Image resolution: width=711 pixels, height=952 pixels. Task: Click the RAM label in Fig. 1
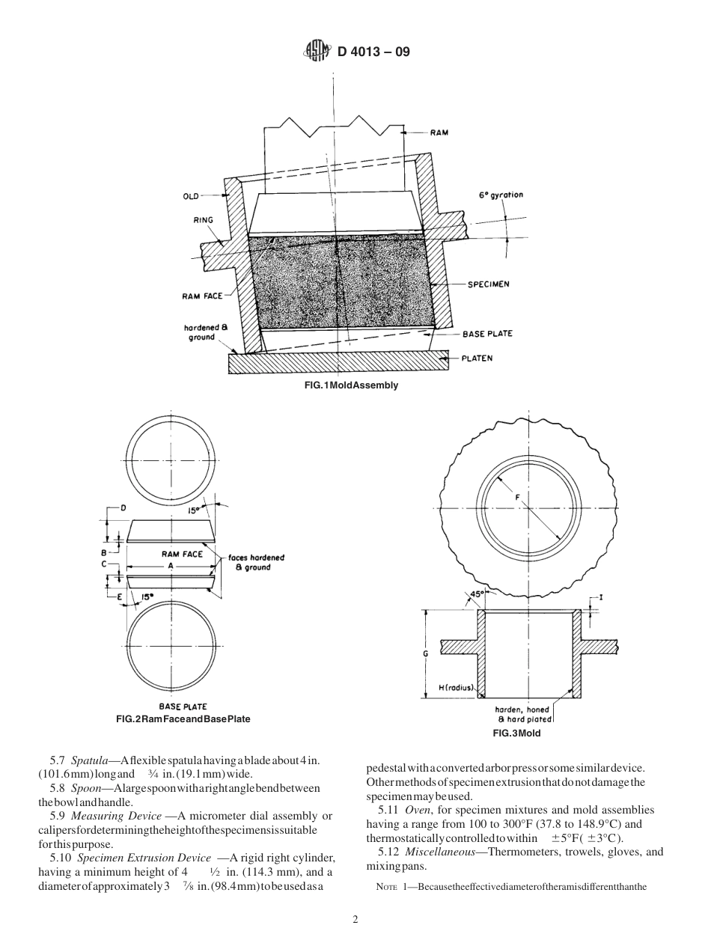pyautogui.click(x=439, y=132)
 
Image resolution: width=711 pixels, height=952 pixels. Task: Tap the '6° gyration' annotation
pyautogui.click(x=501, y=195)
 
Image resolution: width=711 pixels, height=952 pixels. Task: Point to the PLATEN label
pyautogui.click(x=477, y=358)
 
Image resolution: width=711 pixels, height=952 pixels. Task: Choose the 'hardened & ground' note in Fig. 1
pyautogui.click(x=200, y=332)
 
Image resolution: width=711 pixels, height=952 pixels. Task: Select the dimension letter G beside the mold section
pyautogui.click(x=425, y=653)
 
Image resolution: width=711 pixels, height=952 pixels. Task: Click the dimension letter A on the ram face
pyautogui.click(x=171, y=567)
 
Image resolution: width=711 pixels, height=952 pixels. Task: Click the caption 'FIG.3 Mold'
pyautogui.click(x=516, y=733)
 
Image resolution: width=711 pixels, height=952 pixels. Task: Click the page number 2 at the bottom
pyautogui.click(x=355, y=920)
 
